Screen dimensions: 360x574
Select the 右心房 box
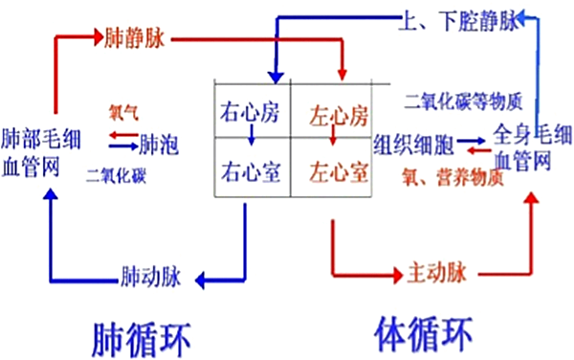coord(250,116)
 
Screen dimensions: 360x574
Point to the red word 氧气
coord(123,112)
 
